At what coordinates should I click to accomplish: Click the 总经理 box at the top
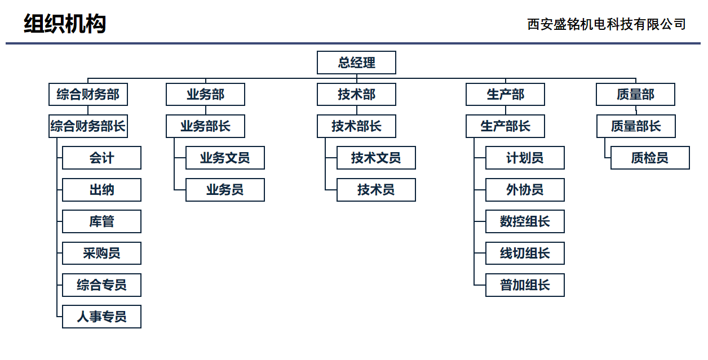[356, 63]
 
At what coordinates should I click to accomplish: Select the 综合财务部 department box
[88, 94]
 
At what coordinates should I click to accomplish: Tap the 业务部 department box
[205, 94]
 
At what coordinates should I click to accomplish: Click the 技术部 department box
[356, 94]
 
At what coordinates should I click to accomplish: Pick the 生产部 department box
[505, 94]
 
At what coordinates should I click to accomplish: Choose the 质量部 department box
[635, 94]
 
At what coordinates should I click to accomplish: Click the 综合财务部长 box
[88, 126]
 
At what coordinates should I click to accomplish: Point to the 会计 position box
[101, 158]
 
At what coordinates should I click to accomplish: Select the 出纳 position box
[101, 190]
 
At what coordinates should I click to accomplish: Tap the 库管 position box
[101, 221]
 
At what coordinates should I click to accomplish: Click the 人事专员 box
[101, 317]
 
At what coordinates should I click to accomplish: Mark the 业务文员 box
[225, 158]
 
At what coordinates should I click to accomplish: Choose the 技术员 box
[376, 190]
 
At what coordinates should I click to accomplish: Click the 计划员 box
[525, 158]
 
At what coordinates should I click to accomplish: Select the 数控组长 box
[525, 221]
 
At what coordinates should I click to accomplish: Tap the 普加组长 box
[525, 285]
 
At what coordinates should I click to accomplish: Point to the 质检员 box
[650, 158]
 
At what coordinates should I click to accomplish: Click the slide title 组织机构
[65, 24]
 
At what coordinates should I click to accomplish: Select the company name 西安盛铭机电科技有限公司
[607, 24]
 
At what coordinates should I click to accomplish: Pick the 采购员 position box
[101, 253]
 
